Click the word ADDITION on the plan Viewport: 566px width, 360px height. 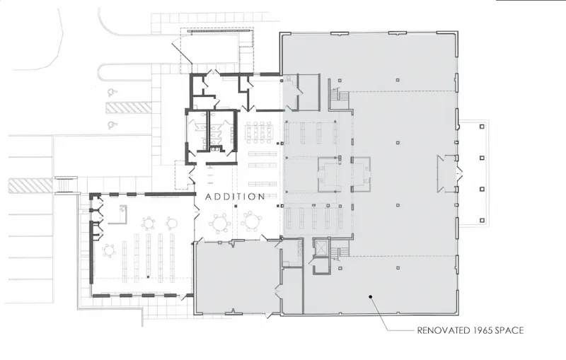[x=235, y=197]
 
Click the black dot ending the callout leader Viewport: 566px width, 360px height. [x=370, y=297]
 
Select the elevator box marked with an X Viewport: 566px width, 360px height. [x=320, y=248]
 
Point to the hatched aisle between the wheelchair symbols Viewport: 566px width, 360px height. [x=129, y=107]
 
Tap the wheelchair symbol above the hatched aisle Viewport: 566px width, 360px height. [x=112, y=92]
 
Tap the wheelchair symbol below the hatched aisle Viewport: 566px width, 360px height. [x=111, y=125]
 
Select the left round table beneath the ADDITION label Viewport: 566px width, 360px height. [x=219, y=223]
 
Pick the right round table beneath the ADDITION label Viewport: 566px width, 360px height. [x=252, y=221]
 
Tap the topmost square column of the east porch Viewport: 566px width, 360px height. [x=482, y=127]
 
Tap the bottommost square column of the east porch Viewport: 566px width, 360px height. [x=482, y=221]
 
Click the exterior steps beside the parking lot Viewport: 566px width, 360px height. [x=66, y=185]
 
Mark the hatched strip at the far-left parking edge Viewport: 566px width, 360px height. [x=30, y=185]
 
